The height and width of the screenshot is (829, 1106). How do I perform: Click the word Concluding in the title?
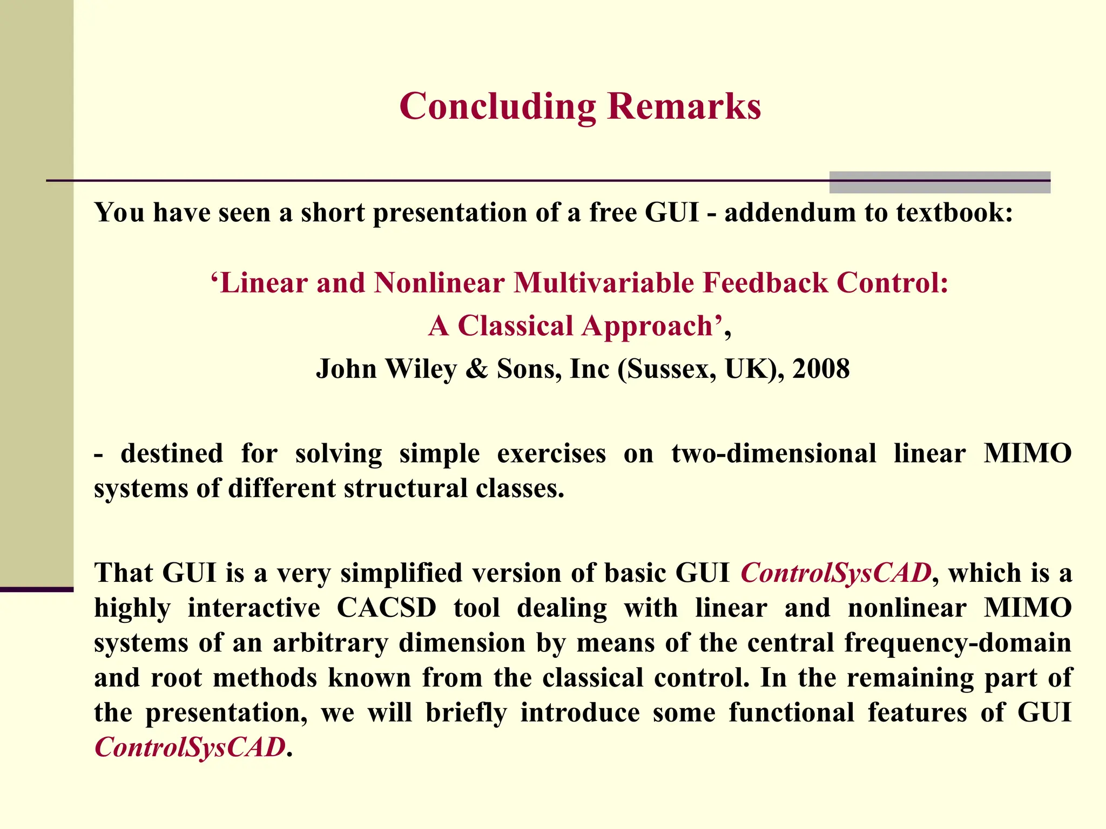pyautogui.click(x=497, y=106)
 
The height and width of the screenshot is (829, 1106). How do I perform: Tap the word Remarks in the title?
pyautogui.click(x=684, y=106)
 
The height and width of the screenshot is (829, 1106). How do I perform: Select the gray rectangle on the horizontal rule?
pyautogui.click(x=940, y=182)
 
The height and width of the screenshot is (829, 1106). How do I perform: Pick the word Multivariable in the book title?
pyautogui.click(x=603, y=283)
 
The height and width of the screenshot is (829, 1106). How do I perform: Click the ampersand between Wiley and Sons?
pyautogui.click(x=476, y=369)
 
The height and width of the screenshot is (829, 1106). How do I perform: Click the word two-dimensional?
pyautogui.click(x=773, y=453)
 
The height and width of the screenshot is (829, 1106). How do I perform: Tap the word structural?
pyautogui.click(x=406, y=488)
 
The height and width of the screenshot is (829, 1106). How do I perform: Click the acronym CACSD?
pyautogui.click(x=387, y=608)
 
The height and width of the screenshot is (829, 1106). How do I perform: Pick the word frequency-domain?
pyautogui.click(x=957, y=643)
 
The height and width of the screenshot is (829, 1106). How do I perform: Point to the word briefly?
pyautogui.click(x=466, y=713)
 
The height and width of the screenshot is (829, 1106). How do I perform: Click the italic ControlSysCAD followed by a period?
pyautogui.click(x=190, y=748)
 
